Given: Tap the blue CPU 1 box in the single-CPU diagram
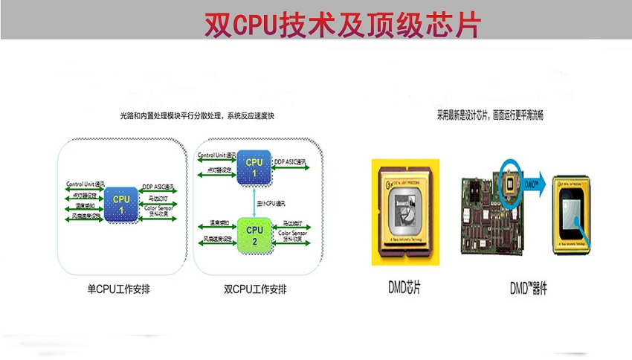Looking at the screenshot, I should pyautogui.click(x=120, y=205).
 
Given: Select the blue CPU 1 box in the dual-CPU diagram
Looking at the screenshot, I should pyautogui.click(x=254, y=168).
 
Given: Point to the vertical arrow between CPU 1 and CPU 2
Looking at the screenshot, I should pyautogui.click(x=255, y=201).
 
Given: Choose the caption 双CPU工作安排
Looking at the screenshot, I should pyautogui.click(x=255, y=287).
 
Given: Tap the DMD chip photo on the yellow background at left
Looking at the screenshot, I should pyautogui.click(x=405, y=212).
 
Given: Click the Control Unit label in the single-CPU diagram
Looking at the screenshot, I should pyautogui.click(x=86, y=184).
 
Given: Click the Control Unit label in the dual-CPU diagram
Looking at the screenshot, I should pyautogui.click(x=217, y=155).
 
